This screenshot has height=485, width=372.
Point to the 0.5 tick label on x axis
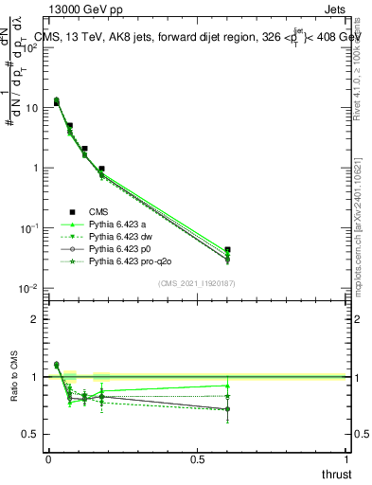197,458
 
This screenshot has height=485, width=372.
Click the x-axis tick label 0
47,458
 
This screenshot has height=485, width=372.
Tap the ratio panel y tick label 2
35,319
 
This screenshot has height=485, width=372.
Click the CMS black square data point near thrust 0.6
226,250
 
